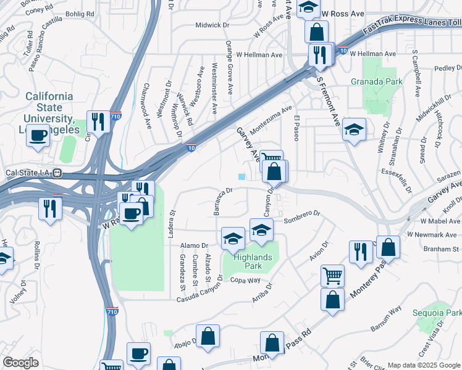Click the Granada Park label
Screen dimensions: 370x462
click(x=376, y=81)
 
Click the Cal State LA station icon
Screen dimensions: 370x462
click(x=56, y=173)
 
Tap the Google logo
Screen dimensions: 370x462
click(x=20, y=363)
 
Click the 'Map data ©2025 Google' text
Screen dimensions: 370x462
click(x=423, y=365)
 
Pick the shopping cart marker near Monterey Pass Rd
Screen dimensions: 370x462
click(x=332, y=275)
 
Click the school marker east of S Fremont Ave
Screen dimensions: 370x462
click(x=354, y=129)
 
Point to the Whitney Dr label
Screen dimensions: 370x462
click(x=386, y=140)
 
